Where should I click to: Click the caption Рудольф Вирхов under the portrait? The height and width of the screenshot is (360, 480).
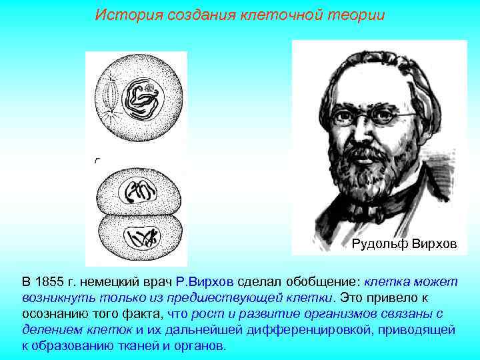click(404, 245)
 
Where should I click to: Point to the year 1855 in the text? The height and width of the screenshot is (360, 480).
click(49, 282)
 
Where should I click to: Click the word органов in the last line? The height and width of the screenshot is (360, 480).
click(204, 345)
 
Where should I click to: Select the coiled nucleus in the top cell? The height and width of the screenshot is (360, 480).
click(143, 99)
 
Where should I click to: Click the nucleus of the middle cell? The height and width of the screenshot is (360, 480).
click(139, 193)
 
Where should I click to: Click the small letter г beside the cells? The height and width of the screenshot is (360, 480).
click(97, 161)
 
